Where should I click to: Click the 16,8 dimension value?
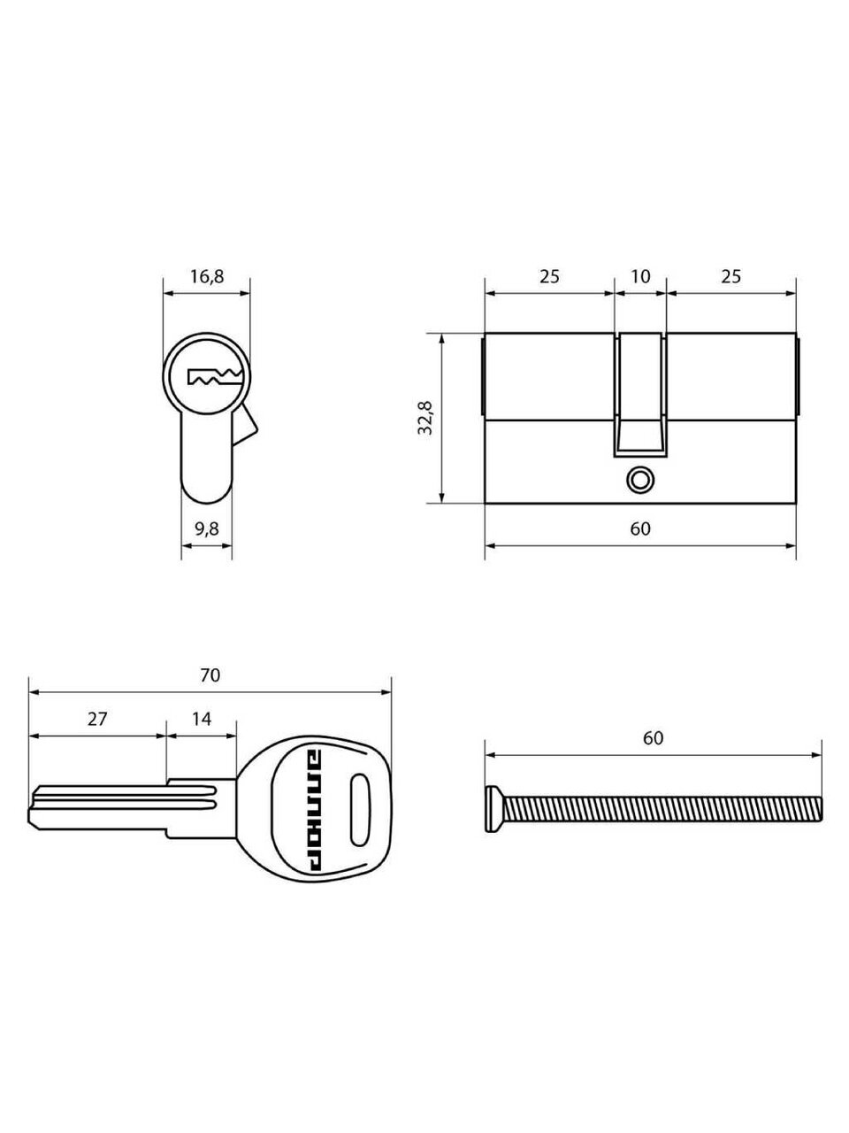207,277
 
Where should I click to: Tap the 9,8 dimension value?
207,529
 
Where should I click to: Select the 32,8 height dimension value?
426,418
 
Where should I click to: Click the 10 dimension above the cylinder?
640,277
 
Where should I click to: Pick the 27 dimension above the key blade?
97,719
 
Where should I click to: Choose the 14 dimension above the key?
201,719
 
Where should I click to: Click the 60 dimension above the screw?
654,738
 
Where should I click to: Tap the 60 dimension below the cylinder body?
640,528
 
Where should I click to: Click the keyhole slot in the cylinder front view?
215,377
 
